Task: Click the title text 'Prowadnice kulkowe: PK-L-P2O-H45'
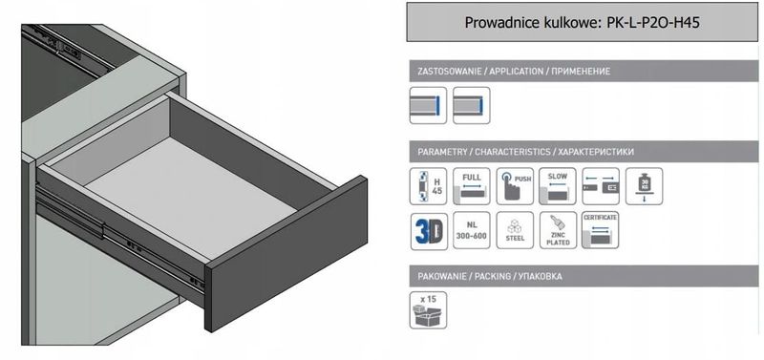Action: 583,22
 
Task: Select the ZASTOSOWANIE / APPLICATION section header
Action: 514,72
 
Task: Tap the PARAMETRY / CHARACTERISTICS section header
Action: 526,152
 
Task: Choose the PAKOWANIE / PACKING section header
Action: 490,276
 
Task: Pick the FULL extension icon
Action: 471,186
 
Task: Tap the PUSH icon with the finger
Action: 515,186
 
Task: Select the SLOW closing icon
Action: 557,186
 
